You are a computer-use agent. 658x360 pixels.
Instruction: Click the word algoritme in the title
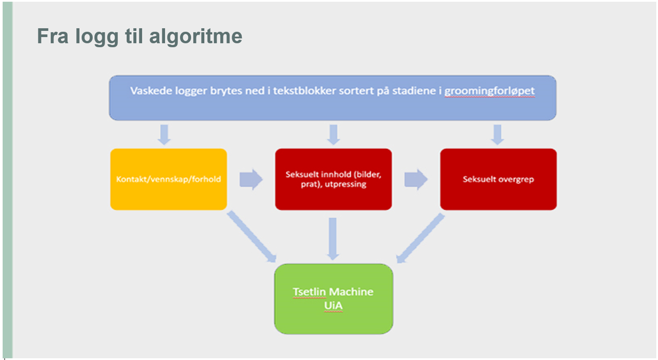[196, 36]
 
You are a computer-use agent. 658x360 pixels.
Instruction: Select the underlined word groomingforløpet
[489, 91]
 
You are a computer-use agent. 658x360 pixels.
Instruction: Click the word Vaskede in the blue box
[151, 90]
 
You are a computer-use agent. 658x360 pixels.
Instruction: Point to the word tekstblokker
[305, 90]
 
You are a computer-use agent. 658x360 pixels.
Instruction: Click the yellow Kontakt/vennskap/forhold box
[169, 179]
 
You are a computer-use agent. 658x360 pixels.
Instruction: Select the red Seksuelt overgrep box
[498, 179]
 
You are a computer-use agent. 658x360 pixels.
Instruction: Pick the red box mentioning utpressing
[334, 179]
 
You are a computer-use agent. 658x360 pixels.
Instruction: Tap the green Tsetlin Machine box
[334, 299]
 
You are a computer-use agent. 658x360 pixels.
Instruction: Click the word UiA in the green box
[334, 305]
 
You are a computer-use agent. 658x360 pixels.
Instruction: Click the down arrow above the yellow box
[164, 135]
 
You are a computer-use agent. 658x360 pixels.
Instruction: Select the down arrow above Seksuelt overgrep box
[497, 135]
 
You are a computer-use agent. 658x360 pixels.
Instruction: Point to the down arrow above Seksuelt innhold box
[334, 135]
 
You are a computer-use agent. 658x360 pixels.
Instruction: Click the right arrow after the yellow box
[251, 179]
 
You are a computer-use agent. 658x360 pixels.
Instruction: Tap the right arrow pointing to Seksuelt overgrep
[416, 179]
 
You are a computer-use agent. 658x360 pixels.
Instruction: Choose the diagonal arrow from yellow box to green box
[252, 237]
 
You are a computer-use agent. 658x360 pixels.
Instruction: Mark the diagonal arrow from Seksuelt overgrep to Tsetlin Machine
[420, 238]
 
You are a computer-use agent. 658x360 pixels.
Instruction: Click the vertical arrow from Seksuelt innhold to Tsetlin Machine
[333, 239]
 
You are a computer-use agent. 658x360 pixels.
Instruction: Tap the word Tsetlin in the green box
[309, 292]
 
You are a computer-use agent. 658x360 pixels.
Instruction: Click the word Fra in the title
[53, 36]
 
